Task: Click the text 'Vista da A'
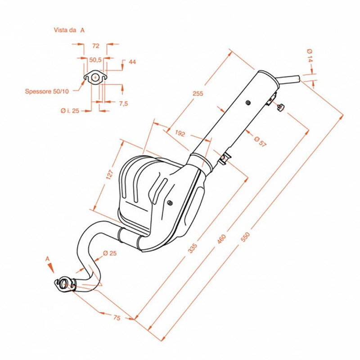click(69, 31)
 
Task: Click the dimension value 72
click(95, 45)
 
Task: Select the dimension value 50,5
click(95, 59)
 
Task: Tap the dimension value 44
click(132, 62)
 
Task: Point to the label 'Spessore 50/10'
click(47, 91)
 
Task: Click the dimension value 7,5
click(124, 103)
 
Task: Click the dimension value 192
click(180, 134)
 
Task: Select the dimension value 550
click(244, 237)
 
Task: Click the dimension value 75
click(116, 318)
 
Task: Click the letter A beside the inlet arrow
click(47, 259)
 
